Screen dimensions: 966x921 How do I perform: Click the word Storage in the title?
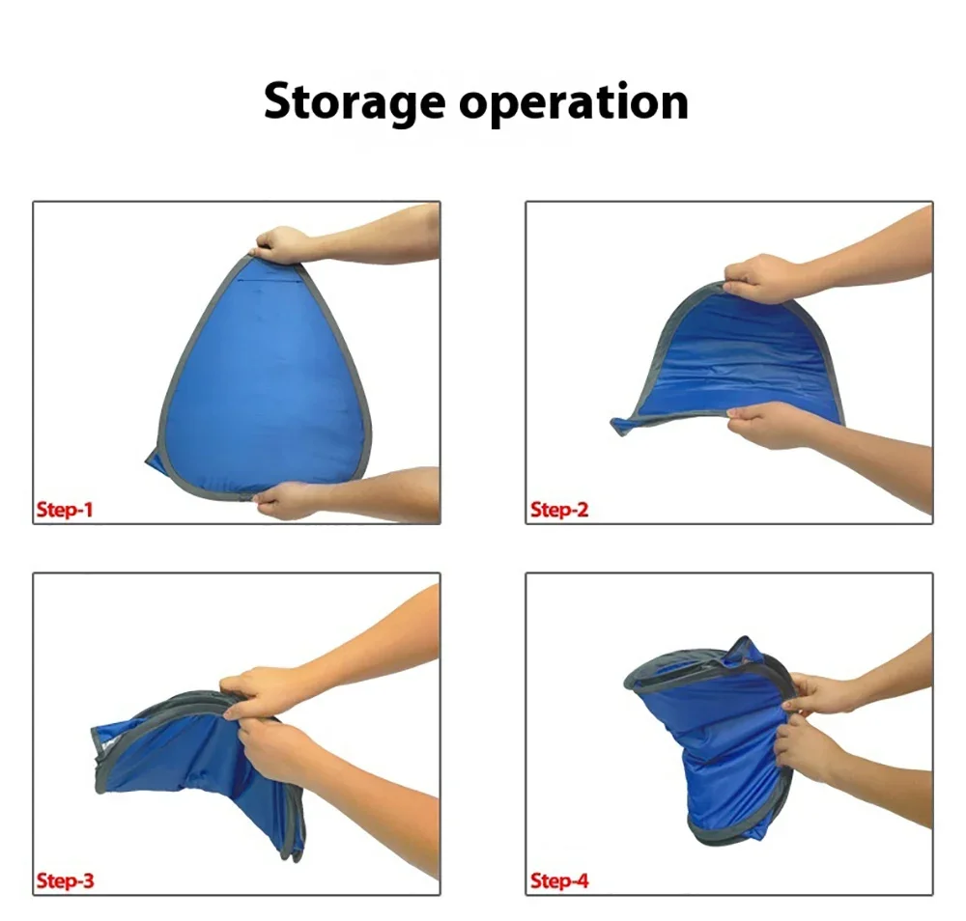point(355,102)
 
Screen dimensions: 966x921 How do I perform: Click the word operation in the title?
point(574,102)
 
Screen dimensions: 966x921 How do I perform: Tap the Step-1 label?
point(65,509)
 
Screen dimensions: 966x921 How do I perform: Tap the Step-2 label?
point(559,509)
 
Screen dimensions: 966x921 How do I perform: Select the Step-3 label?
point(66,880)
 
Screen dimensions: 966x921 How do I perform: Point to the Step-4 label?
point(559,880)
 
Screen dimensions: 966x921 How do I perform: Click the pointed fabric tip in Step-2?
point(619,426)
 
